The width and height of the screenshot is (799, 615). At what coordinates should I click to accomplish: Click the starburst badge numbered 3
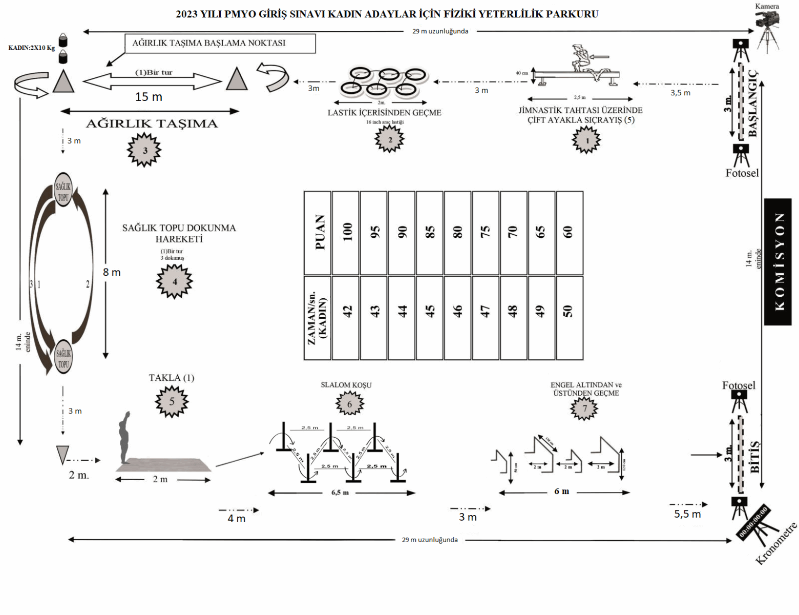(144, 150)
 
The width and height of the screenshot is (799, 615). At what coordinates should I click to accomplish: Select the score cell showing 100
(346, 233)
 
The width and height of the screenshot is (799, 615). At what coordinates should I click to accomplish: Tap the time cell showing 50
(569, 318)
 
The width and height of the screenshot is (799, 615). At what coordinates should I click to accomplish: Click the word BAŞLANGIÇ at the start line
(752, 104)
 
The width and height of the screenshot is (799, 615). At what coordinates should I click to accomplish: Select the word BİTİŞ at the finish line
(754, 456)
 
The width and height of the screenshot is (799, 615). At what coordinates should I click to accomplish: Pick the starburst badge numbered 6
(350, 404)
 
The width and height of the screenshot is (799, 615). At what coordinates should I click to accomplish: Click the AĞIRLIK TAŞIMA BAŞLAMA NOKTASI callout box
(220, 44)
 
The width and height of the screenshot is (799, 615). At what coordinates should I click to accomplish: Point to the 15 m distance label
(149, 97)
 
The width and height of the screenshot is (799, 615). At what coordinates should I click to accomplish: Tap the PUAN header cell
(318, 233)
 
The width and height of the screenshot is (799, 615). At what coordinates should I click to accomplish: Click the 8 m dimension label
(112, 272)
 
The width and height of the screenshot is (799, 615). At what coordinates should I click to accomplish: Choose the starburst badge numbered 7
(585, 408)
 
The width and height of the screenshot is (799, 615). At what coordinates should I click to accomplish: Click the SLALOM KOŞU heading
(346, 385)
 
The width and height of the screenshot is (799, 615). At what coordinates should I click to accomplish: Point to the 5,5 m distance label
(687, 514)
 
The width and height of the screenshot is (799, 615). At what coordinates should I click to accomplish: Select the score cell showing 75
(486, 233)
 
